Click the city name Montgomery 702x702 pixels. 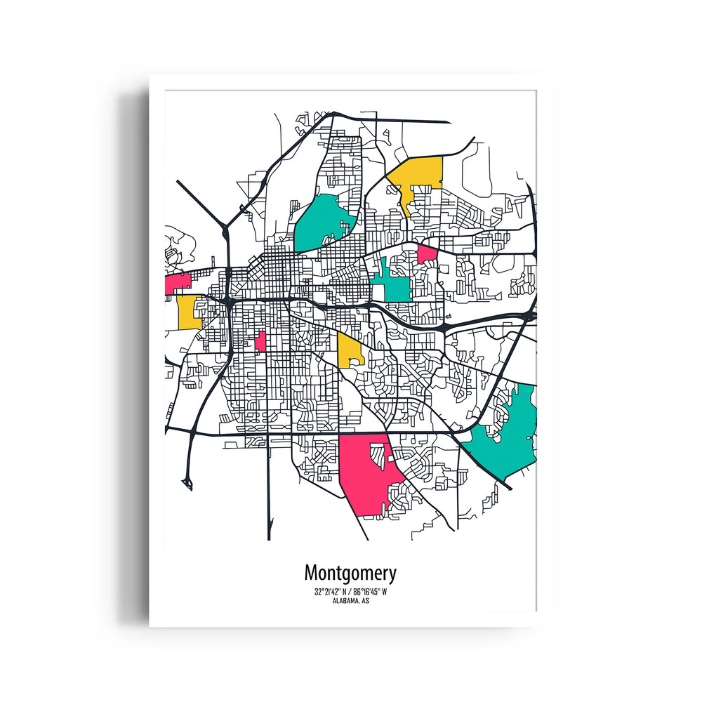pos(350,573)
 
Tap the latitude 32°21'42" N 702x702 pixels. pos(331,592)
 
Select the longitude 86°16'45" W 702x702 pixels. pos(369,592)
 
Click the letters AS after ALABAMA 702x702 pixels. pos(366,601)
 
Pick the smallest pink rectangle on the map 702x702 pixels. pos(260,342)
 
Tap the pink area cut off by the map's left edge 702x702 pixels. pos(177,283)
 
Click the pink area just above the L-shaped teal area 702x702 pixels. pos(427,253)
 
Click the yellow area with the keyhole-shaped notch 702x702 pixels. pos(348,349)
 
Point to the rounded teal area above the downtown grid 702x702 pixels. pos(319,221)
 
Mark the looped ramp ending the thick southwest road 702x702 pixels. pos(187,481)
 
